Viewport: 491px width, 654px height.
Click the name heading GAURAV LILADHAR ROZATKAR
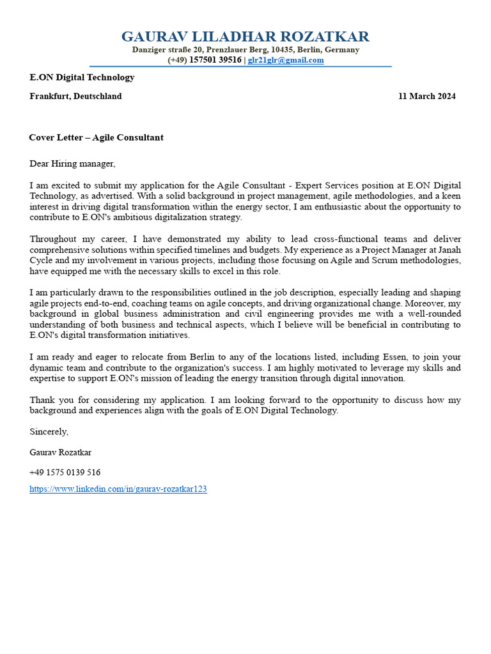[245, 36]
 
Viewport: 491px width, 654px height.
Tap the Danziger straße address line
[245, 50]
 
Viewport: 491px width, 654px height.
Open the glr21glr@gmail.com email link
[286, 60]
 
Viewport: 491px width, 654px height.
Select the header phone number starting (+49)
[205, 60]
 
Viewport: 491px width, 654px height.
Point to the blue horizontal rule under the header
[240, 66]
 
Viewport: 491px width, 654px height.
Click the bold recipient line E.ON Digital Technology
[82, 77]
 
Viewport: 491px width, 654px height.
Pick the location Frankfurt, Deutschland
[75, 96]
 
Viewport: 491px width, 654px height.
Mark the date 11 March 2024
[426, 96]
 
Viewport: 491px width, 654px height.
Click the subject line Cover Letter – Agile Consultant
[96, 137]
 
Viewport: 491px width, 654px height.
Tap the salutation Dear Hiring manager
[72, 163]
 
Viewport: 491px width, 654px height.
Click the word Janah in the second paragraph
[448, 250]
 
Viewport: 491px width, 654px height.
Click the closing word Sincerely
[49, 432]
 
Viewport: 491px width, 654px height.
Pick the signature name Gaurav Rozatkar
[60, 452]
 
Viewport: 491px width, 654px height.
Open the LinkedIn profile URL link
[118, 489]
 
